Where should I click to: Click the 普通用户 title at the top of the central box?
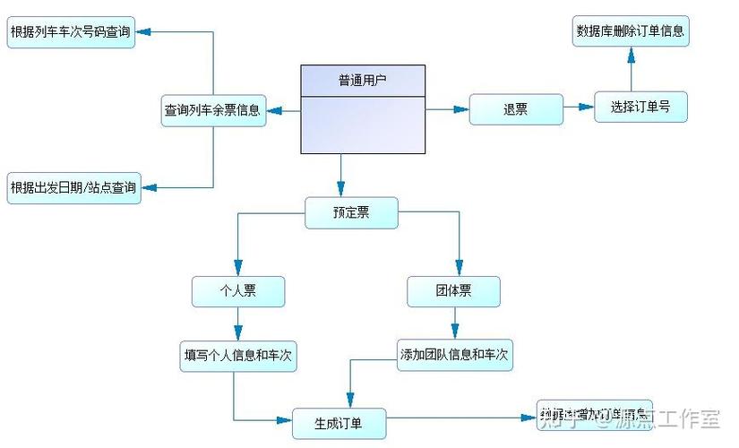[x=362, y=81]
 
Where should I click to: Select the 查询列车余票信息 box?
[x=212, y=110]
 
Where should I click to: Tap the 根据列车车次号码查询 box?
[x=71, y=33]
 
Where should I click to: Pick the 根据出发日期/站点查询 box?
[x=73, y=187]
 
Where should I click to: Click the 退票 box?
[x=516, y=109]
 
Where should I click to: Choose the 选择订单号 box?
[x=640, y=107]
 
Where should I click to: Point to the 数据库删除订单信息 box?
[x=631, y=30]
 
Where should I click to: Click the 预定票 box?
[x=351, y=212]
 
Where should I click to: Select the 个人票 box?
[x=238, y=290]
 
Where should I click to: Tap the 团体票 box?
[x=453, y=290]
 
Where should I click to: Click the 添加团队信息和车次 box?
[x=455, y=355]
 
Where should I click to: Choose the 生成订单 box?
[x=339, y=422]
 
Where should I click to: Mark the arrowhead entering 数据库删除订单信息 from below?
[x=631, y=55]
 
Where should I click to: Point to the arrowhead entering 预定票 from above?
[x=341, y=189]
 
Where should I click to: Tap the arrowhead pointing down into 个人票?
[x=237, y=268]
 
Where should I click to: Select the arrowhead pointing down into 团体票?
[x=459, y=268]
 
